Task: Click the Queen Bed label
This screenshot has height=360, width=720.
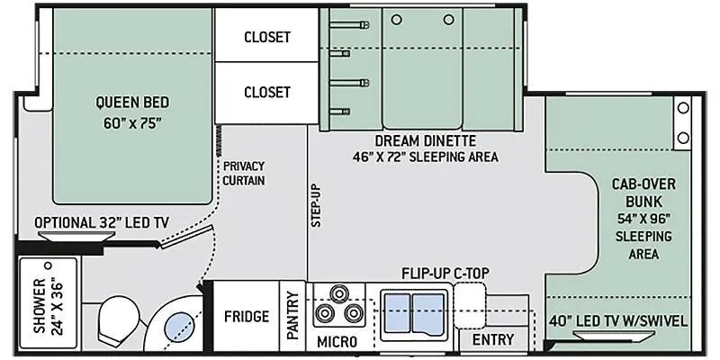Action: pyautogui.click(x=132, y=102)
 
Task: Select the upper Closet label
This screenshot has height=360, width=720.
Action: pyautogui.click(x=267, y=37)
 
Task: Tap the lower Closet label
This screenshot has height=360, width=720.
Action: pyautogui.click(x=267, y=93)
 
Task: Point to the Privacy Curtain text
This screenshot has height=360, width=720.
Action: pyautogui.click(x=244, y=173)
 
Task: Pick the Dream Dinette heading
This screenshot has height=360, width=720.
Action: pyautogui.click(x=425, y=140)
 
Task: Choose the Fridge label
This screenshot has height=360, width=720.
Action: pyautogui.click(x=247, y=317)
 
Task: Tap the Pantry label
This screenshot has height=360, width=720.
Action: pyautogui.click(x=292, y=316)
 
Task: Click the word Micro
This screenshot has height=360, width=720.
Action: pyautogui.click(x=337, y=342)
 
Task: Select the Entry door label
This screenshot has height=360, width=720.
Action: pyautogui.click(x=493, y=340)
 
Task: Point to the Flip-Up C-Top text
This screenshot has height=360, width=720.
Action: pyautogui.click(x=445, y=274)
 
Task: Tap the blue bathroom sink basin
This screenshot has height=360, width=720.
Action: pyautogui.click(x=179, y=327)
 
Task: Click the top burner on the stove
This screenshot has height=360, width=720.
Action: pyautogui.click(x=339, y=293)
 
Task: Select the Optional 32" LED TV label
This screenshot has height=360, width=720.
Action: pyautogui.click(x=102, y=223)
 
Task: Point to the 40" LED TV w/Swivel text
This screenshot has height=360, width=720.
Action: pyautogui.click(x=618, y=320)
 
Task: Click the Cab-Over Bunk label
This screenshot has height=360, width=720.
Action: pyautogui.click(x=643, y=193)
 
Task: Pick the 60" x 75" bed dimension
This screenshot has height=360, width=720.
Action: pyautogui.click(x=132, y=123)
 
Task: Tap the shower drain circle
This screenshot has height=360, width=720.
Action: pyautogui.click(x=48, y=265)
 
